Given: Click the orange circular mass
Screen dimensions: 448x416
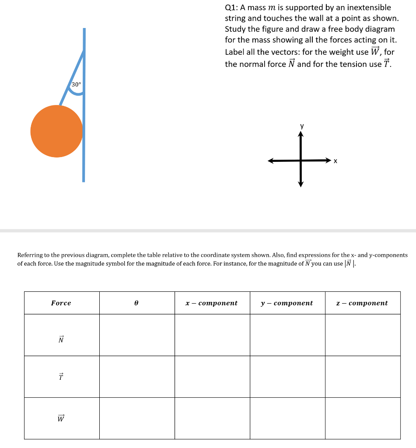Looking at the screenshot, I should tap(56, 131).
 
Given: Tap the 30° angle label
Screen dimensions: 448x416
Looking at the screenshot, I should tap(76, 84).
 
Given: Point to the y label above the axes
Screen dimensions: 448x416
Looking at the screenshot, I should tap(301, 126).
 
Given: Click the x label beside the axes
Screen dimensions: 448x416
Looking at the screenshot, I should tap(336, 161).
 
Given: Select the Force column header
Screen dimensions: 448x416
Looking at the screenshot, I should tap(61, 303).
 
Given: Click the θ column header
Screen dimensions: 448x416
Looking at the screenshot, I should tap(136, 303).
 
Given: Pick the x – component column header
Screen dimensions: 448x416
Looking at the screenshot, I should tap(212, 303).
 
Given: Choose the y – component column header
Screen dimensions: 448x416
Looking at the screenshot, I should tap(287, 303).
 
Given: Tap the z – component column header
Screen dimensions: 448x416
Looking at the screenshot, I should tap(362, 303).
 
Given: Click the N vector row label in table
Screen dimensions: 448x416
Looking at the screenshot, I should tap(61, 339).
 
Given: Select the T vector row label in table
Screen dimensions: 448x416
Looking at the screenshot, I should tap(61, 376).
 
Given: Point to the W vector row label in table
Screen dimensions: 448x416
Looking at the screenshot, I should tap(61, 418).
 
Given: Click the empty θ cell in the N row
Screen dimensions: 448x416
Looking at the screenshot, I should tap(137, 335).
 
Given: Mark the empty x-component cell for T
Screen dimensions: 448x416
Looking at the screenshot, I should tap(212, 377).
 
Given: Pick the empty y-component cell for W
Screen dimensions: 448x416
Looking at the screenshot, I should tap(287, 418).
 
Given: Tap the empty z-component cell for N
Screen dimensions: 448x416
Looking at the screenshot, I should tap(363, 335).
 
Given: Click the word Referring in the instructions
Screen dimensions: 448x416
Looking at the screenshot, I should tap(30, 255).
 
